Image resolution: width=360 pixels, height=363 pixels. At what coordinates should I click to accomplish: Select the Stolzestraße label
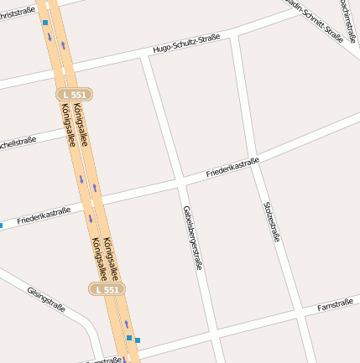pos(271,221)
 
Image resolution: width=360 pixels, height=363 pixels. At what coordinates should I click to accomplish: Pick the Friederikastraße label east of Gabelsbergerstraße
pos(232,168)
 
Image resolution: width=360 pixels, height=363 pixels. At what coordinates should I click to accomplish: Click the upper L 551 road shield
pos(74,95)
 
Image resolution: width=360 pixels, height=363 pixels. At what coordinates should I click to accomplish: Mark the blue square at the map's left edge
pos(1,225)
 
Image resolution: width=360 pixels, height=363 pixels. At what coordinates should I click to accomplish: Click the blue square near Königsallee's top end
pos(44,23)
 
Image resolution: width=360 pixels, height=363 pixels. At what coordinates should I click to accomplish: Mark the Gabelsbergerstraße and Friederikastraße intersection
pos(181,179)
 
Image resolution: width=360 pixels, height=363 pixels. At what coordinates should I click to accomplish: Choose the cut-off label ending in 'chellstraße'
pos(17,143)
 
